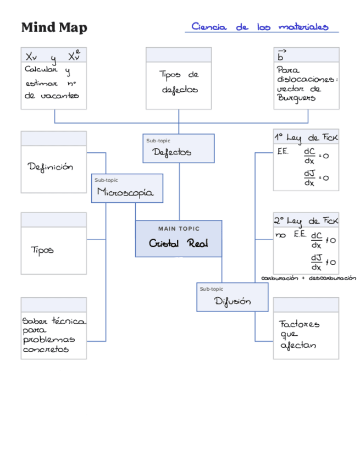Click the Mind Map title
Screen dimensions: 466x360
pos(54,27)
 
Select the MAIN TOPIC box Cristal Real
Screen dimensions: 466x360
pos(179,238)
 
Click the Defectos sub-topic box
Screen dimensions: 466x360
pos(179,148)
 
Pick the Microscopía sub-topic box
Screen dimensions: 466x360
pos(127,188)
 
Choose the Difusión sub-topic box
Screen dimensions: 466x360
pos(232,297)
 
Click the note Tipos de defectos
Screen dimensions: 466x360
pos(179,82)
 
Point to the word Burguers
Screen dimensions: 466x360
pos(297,98)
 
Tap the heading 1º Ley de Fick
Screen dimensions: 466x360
pos(306,137)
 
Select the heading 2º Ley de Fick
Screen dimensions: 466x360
pos(306,220)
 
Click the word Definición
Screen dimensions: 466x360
pos(51,167)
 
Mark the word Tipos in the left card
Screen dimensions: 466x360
pos(42,250)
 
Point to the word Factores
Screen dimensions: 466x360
pos(299,324)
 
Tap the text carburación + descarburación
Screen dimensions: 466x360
pos(308,278)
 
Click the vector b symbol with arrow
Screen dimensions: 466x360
pos(281,55)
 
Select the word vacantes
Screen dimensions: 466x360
pos(60,95)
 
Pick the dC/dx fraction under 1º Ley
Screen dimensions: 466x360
pos(309,156)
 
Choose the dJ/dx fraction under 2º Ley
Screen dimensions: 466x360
pos(317,262)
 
